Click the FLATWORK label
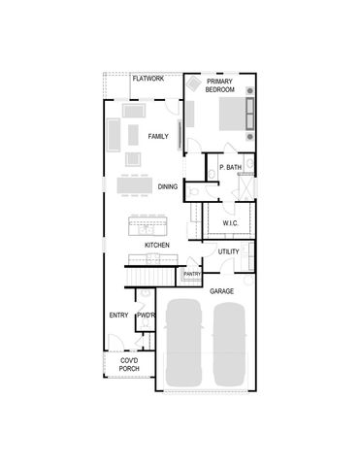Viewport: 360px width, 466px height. coord(147,78)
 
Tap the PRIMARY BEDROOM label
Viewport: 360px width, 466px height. coord(220,84)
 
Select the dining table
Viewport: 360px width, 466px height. coord(134,183)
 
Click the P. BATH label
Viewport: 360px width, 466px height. coord(230,168)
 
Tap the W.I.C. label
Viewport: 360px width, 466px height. coord(230,223)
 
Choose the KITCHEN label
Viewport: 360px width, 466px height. coord(157,246)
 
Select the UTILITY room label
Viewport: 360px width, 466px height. coord(228,252)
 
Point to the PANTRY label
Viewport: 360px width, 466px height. coord(192,275)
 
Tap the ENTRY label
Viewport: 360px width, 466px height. coord(118,315)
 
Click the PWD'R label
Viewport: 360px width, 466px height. coord(147,316)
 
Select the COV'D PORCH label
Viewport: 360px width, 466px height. coord(128,365)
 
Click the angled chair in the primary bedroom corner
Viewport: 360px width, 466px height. coord(192,86)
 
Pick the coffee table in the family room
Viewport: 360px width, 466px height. coord(134,134)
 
